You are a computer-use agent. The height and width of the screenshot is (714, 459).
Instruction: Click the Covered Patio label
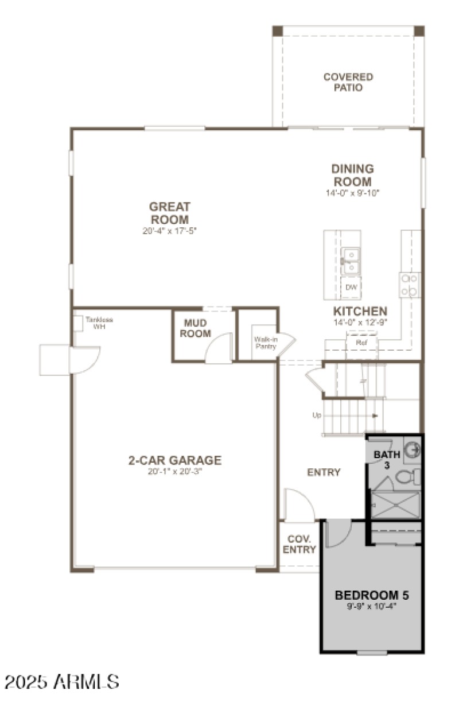(348, 82)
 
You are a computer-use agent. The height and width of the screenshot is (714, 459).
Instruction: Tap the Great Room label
(170, 213)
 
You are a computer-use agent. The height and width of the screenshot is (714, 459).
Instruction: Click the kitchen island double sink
(351, 261)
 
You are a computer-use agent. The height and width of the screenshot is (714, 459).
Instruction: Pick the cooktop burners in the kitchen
(410, 285)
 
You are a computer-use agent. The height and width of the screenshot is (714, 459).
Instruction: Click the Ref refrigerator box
(361, 342)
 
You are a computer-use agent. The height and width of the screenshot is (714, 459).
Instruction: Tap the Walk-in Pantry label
(266, 343)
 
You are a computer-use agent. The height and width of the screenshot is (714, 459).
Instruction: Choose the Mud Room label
(196, 329)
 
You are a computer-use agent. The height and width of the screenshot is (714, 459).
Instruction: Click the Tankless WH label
(95, 323)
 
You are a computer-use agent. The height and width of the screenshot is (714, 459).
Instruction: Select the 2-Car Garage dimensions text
(174, 471)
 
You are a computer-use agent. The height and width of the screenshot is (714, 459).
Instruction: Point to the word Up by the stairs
(317, 415)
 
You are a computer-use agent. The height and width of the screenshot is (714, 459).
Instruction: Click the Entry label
(324, 472)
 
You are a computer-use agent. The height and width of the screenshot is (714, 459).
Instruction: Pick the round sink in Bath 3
(411, 449)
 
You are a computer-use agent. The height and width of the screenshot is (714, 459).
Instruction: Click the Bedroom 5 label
(372, 595)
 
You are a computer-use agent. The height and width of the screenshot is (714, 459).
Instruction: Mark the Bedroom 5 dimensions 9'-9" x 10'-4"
(372, 606)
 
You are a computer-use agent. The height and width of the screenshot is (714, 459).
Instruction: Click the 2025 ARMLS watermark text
(62, 682)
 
